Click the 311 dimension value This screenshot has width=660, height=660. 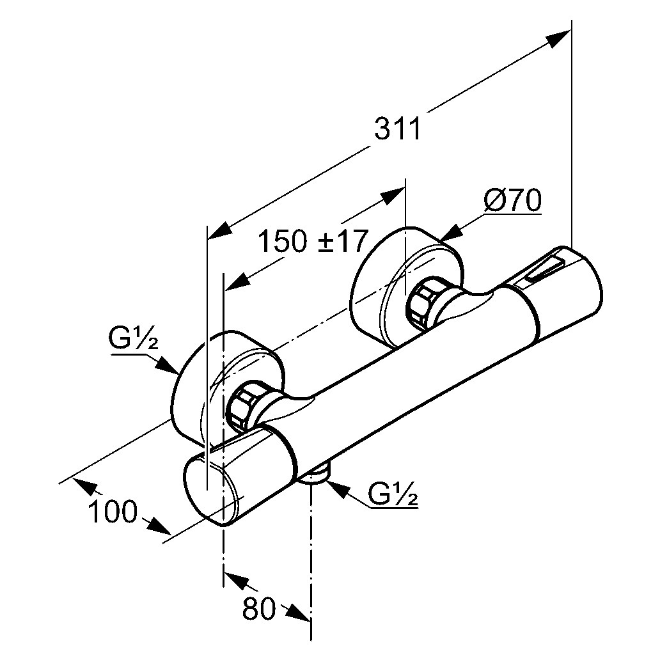[x=398, y=129]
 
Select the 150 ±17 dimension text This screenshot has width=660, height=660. [x=313, y=242]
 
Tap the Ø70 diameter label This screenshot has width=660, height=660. [x=512, y=201]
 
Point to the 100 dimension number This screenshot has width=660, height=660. [x=113, y=512]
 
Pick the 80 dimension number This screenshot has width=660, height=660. [x=258, y=609]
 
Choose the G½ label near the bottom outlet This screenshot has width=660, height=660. [x=393, y=494]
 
